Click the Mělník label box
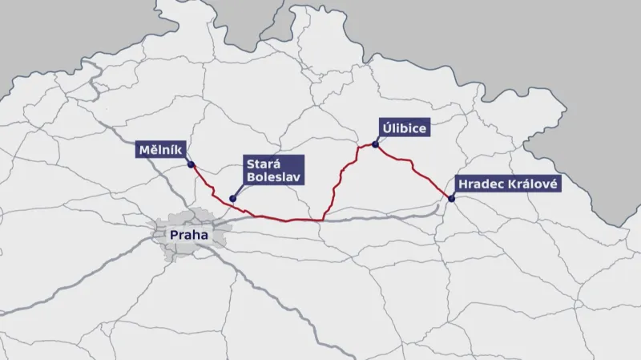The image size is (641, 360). point(161,150)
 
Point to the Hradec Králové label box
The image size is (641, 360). point(506,184)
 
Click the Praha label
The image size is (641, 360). point(189,236)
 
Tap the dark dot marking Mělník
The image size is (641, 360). point(191,165)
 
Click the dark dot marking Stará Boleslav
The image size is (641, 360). point(232,199)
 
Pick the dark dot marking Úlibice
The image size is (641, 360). point(374,145)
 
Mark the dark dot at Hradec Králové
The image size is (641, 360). point(452,198)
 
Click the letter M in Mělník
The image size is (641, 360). point(143,150)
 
